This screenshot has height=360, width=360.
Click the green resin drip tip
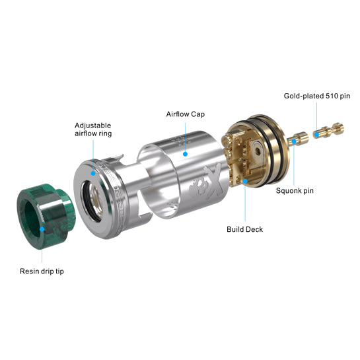[46, 216]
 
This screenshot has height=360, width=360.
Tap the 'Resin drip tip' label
[42, 271]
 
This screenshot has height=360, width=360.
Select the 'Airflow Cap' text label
[185, 114]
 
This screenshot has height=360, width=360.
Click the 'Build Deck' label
[244, 229]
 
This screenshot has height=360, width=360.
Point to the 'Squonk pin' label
[295, 190]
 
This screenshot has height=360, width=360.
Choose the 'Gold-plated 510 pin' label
[317, 96]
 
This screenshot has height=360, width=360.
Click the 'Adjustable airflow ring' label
[93, 129]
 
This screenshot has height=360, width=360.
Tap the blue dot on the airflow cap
[185, 154]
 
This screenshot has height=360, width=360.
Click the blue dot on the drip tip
[42, 229]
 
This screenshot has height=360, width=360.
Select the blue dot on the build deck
[245, 181]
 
